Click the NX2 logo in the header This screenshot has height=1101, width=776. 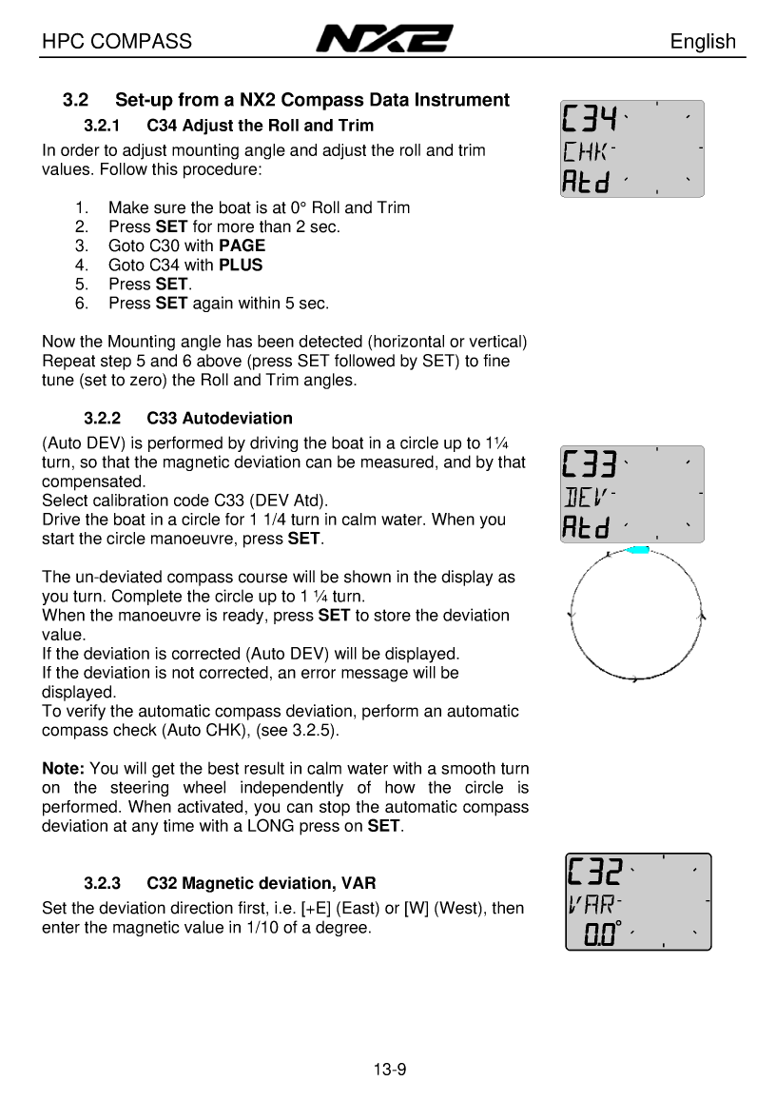click(384, 40)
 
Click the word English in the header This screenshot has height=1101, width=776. click(702, 41)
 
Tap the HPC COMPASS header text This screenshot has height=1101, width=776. click(117, 41)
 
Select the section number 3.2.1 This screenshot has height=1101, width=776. click(103, 126)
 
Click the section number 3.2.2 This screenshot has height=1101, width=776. click(103, 418)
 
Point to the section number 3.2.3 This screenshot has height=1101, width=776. click(103, 883)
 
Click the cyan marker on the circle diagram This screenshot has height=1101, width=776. click(639, 550)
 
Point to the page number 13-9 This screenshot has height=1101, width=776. click(390, 1069)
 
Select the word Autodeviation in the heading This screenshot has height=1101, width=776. click(237, 418)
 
